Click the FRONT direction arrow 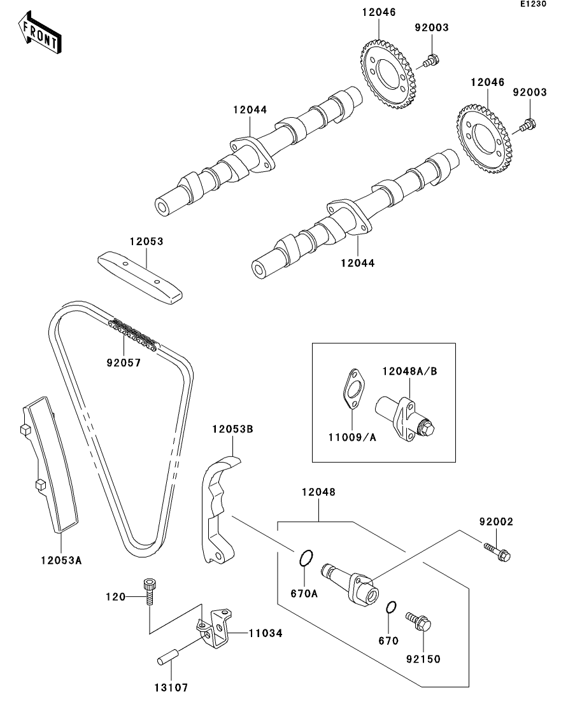pyautogui.click(x=40, y=34)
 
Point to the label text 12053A pyautogui.click(x=61, y=561)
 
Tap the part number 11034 pyautogui.click(x=265, y=633)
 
